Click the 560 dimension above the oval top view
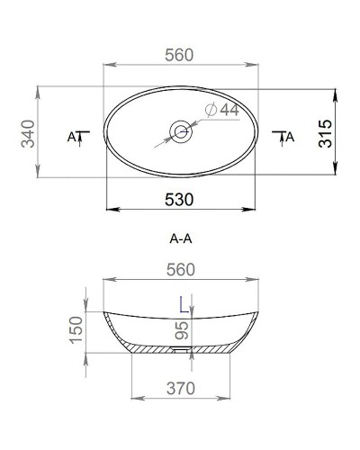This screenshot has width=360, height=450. pos(180,55)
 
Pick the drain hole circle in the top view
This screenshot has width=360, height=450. pos(182,132)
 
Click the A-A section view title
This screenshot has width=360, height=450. pos(182,238)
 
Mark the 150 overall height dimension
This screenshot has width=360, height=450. pos(76,330)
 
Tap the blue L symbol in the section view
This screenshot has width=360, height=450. pos(184,304)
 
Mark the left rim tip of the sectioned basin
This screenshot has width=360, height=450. pos(105,311)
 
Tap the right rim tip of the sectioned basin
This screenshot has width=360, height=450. pos(258,311)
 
